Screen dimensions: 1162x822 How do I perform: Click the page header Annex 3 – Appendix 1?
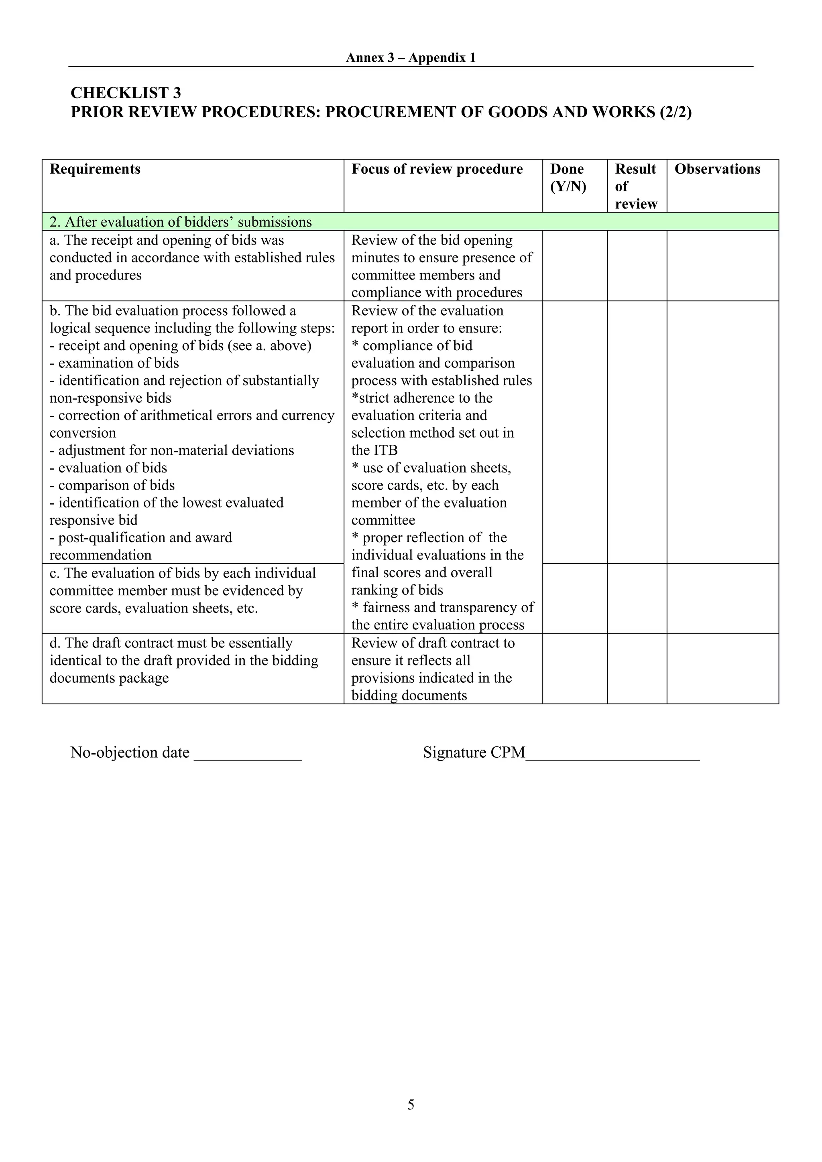click(410, 58)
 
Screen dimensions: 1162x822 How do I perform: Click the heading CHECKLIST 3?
click(126, 93)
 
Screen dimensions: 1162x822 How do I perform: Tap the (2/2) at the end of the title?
click(675, 112)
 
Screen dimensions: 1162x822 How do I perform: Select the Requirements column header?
click(95, 169)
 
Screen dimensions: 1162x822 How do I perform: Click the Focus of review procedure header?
click(437, 169)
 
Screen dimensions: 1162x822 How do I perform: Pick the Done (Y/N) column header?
click(568, 178)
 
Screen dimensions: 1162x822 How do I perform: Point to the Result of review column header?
click(636, 186)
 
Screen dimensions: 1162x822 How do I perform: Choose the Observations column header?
click(717, 169)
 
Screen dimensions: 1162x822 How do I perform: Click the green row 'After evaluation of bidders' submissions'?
click(181, 222)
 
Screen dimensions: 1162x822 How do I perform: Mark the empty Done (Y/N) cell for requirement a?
click(575, 266)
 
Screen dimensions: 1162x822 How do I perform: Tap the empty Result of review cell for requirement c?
click(637, 598)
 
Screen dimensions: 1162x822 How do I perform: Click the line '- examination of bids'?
click(114, 363)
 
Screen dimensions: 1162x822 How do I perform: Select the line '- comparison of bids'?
click(112, 485)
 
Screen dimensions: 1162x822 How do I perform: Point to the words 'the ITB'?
click(374, 450)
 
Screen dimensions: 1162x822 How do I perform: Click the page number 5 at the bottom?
click(411, 1104)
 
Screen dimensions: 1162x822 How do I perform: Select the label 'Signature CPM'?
click(474, 752)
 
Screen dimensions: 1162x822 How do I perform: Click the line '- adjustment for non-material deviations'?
click(172, 450)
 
